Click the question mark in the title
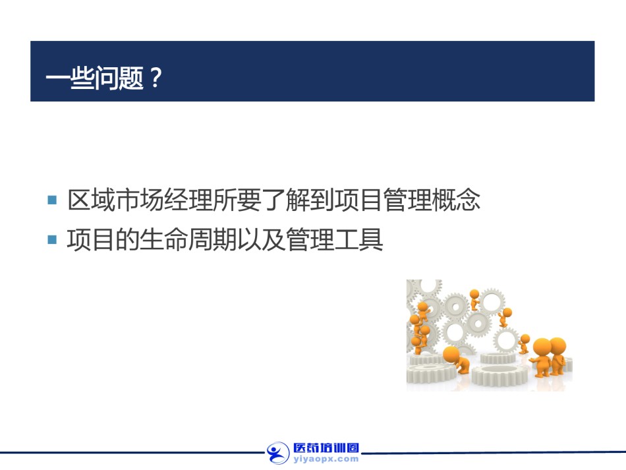156,78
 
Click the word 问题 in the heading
119,78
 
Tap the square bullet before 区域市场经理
52,200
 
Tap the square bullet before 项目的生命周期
52,239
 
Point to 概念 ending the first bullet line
457,200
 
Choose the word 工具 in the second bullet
359,239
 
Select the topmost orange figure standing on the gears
474,299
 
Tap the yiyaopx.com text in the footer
326,459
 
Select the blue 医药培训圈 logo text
326,448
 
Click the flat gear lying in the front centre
499,374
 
